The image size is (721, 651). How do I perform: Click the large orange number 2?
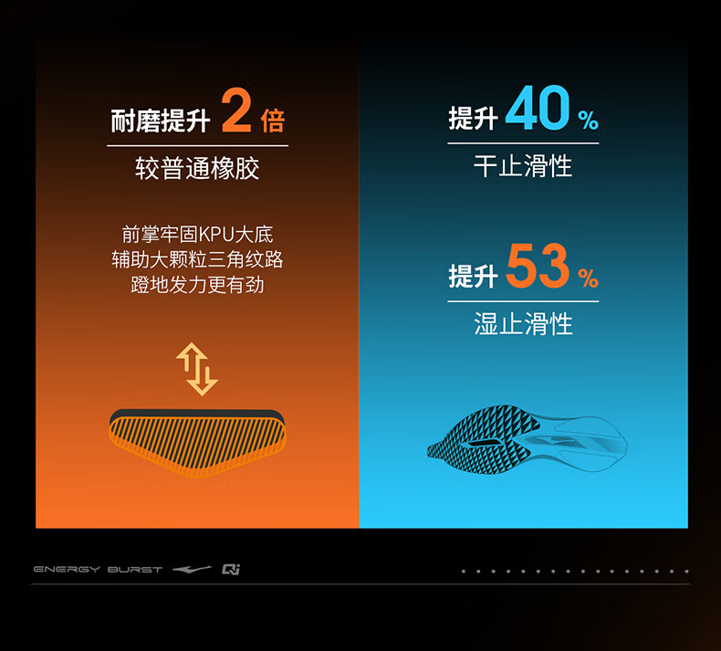(236, 110)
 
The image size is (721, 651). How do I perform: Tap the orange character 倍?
(273, 121)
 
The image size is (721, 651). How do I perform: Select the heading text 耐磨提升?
(161, 121)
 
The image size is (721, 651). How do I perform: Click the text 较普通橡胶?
(197, 168)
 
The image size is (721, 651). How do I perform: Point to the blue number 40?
(538, 108)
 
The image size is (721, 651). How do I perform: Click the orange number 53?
(538, 266)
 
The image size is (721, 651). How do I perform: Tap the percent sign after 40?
(588, 121)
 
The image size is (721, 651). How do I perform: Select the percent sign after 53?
(588, 278)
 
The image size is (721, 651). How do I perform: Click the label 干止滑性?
(523, 165)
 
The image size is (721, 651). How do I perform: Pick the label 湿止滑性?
(523, 323)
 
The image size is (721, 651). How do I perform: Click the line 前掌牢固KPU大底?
(197, 234)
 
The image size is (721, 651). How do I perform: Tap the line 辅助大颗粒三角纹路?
(197, 259)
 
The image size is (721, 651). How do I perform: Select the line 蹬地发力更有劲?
(197, 285)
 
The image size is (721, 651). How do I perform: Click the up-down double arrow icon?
(197, 369)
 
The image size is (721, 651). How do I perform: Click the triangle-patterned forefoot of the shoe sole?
(480, 439)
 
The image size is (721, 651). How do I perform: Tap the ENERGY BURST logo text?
(98, 570)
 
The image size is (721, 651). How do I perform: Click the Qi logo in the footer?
(231, 570)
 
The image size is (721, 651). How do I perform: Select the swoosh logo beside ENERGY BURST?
(192, 570)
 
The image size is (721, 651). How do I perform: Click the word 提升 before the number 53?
(473, 277)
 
